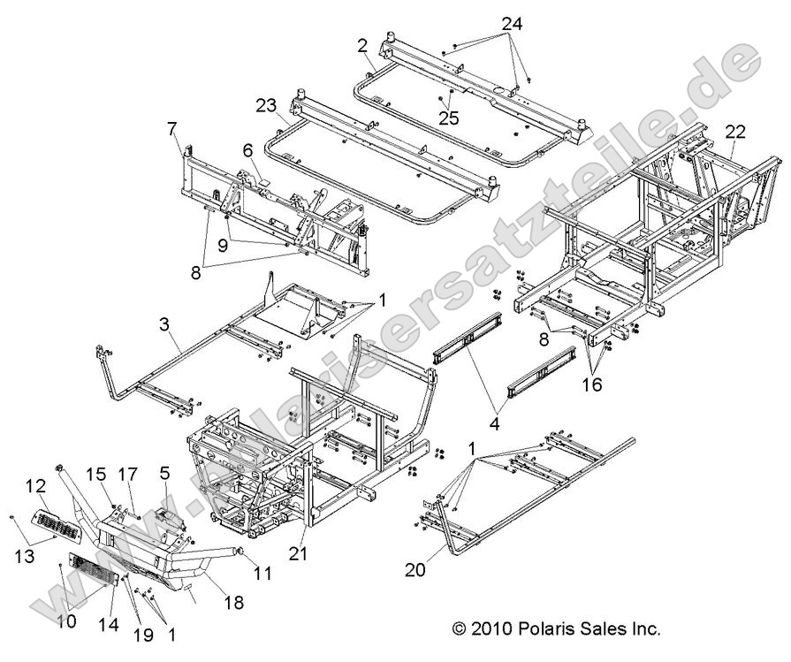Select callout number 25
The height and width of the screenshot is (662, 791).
click(x=449, y=118)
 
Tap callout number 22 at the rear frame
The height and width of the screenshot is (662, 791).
click(x=735, y=133)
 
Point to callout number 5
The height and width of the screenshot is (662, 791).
click(x=164, y=473)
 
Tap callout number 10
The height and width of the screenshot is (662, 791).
click(x=67, y=621)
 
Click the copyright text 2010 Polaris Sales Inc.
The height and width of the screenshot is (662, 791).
click(x=556, y=628)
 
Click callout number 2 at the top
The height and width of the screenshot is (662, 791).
click(x=362, y=45)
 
